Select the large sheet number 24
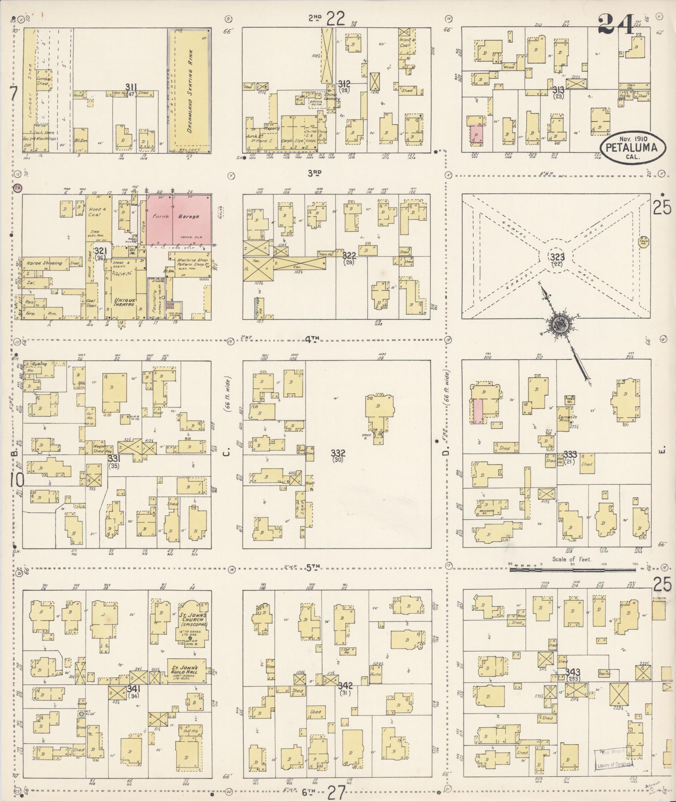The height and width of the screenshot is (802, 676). pyautogui.click(x=616, y=24)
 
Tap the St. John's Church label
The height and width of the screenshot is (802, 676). pyautogui.click(x=192, y=619)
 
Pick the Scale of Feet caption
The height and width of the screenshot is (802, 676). pyautogui.click(x=572, y=559)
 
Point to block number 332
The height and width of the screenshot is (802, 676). pyautogui.click(x=338, y=453)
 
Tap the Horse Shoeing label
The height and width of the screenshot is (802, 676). pyautogui.click(x=44, y=263)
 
